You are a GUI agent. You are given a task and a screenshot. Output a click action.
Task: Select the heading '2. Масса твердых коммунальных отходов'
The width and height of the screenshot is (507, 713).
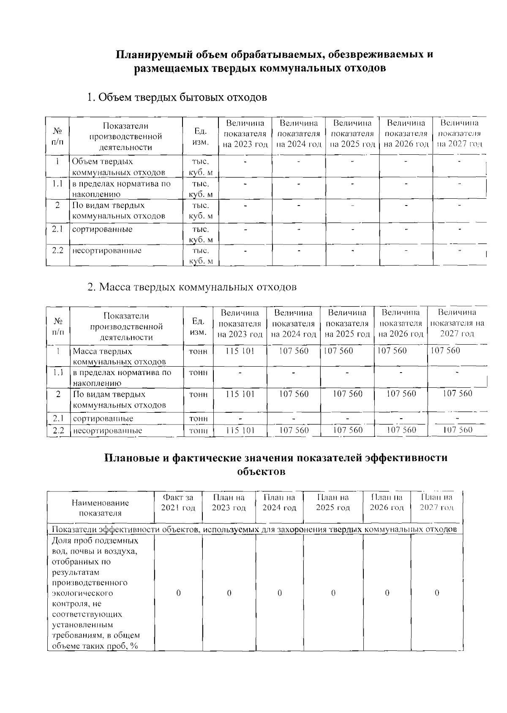(x=192, y=287)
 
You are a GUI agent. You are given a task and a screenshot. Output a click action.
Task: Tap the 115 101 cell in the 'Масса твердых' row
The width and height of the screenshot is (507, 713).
(x=240, y=351)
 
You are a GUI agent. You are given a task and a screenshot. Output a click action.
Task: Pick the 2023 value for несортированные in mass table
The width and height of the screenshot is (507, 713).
(x=240, y=430)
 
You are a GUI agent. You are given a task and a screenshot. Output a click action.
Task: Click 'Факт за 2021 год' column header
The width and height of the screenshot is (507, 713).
(x=178, y=502)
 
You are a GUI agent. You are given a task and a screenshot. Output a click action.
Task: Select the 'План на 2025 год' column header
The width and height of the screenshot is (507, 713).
(x=333, y=502)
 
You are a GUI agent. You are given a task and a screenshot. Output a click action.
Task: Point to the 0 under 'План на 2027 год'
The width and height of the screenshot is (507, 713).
(x=437, y=593)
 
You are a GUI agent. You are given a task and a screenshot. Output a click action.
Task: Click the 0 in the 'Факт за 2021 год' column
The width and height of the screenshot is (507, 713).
(x=178, y=593)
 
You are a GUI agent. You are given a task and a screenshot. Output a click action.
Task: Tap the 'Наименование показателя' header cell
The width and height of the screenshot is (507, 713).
(x=100, y=508)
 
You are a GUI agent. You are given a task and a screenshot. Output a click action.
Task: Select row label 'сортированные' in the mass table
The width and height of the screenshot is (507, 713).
(x=103, y=419)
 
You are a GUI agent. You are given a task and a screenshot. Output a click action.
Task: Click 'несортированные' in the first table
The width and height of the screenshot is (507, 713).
(x=107, y=251)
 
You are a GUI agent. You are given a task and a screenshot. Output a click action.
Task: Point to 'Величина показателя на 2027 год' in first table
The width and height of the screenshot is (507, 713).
(x=459, y=133)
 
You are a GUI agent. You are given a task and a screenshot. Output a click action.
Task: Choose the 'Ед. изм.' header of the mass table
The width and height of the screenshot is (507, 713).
(x=198, y=326)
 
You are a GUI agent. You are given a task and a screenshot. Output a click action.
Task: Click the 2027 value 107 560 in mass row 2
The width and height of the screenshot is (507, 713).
(x=457, y=394)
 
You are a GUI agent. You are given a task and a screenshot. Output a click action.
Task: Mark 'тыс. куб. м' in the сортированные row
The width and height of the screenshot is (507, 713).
(x=200, y=234)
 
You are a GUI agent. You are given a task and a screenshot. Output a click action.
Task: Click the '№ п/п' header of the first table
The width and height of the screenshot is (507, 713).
(x=57, y=136)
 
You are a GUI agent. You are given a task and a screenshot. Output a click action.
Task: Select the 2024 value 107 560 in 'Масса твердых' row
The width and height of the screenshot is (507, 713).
(x=294, y=351)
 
